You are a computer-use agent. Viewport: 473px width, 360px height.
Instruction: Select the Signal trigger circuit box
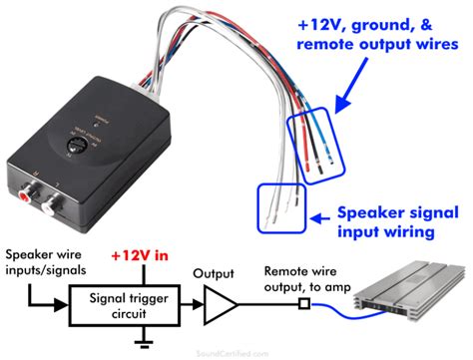coord(125,296)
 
